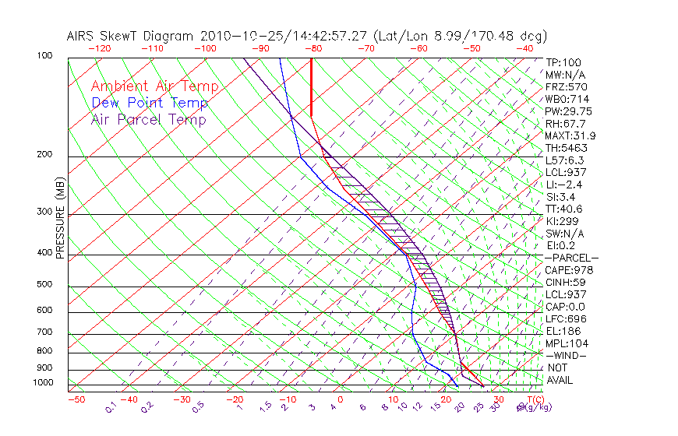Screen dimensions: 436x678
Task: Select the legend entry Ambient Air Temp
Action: tap(154, 86)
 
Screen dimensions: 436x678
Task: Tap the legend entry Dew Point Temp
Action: tap(149, 103)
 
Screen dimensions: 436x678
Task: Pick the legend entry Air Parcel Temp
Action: tap(148, 119)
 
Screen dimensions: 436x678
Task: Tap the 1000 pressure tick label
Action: tap(44, 383)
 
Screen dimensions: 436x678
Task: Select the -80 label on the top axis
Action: tap(312, 48)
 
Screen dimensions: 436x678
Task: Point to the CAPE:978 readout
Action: tap(568, 270)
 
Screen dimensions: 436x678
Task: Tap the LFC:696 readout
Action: tap(567, 319)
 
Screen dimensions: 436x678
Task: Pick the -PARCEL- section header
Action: tap(572, 258)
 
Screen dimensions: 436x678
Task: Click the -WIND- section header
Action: tap(567, 355)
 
